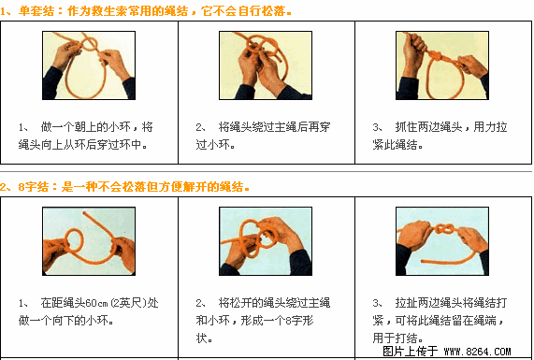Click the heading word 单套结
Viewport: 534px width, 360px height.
[36, 11]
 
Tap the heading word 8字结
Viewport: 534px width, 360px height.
[33, 187]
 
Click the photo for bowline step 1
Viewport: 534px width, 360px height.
[89, 65]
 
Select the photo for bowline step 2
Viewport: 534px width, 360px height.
[266, 65]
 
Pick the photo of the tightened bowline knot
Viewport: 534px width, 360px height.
[442, 65]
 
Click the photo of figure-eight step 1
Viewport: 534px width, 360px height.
[89, 241]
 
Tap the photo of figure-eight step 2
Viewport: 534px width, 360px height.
[266, 241]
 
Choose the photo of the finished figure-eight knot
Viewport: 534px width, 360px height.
[442, 241]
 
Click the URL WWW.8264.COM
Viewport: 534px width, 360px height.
[478, 352]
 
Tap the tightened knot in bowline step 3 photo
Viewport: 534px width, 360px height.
[435, 54]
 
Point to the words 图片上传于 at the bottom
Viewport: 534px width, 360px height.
[410, 352]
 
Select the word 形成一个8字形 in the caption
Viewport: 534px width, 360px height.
[277, 321]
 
